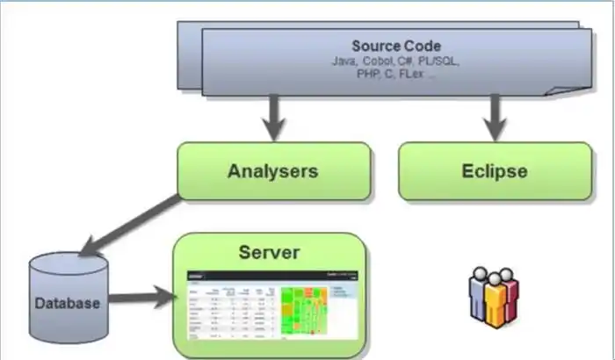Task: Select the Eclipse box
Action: click(x=495, y=170)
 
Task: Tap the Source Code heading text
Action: click(x=397, y=46)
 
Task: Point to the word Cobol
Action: click(x=376, y=62)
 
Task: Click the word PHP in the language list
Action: click(x=368, y=75)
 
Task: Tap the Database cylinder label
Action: click(x=68, y=305)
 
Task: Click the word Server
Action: click(x=269, y=253)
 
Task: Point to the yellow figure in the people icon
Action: click(x=493, y=302)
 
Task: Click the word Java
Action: click(x=344, y=62)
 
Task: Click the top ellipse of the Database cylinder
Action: click(x=68, y=262)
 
